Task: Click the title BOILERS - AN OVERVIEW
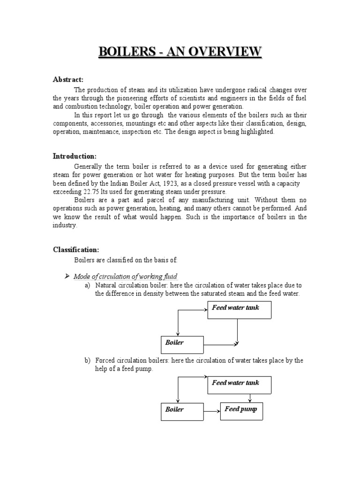[180, 51]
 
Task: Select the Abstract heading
[67, 80]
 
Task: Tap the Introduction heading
[75, 156]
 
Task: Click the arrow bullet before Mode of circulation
[67, 275]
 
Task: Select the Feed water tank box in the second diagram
[240, 386]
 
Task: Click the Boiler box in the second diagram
[182, 411]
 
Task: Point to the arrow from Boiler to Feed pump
[212, 412]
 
